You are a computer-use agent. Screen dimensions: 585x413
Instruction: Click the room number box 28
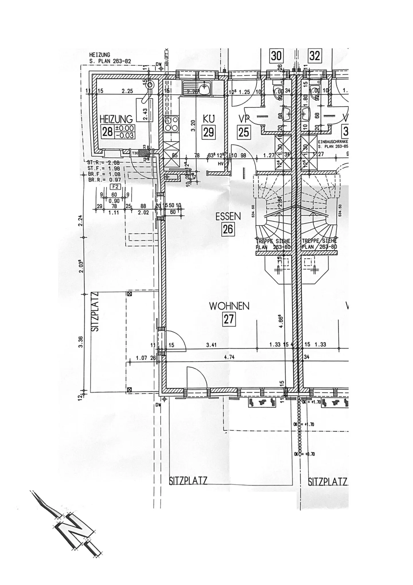click(x=108, y=132)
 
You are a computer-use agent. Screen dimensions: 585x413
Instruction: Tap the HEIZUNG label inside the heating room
click(x=116, y=119)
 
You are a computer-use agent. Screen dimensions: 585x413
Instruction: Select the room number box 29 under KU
click(x=209, y=132)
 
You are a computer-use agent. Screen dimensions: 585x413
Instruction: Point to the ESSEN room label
click(x=228, y=217)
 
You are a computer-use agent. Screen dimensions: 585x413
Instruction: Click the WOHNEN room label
click(x=229, y=306)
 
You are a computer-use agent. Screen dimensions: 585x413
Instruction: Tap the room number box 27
click(x=229, y=319)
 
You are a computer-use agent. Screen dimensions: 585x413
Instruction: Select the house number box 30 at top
click(x=276, y=55)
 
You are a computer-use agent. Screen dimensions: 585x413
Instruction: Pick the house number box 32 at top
click(x=314, y=55)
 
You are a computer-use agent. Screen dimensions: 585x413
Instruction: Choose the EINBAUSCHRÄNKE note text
click(x=333, y=142)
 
